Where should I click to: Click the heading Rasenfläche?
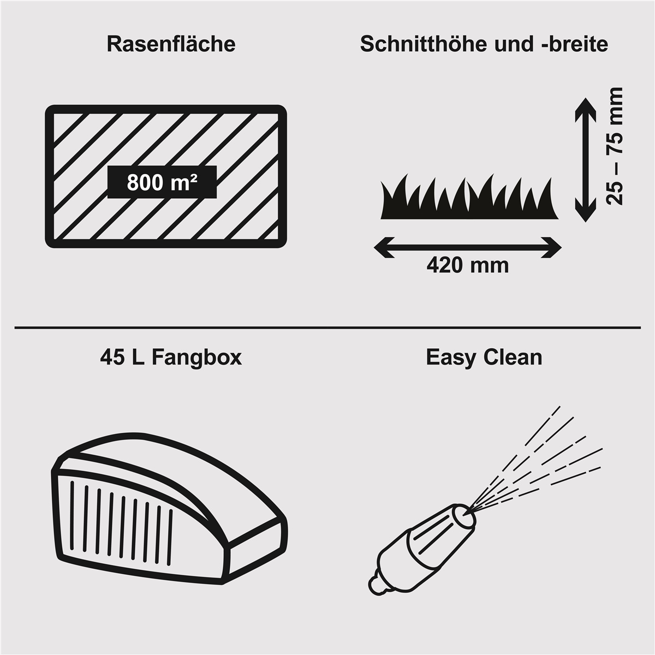(171, 44)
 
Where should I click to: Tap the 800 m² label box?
(162, 182)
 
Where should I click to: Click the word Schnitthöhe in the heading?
(423, 44)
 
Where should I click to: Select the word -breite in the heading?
(574, 44)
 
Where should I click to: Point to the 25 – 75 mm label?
(615, 146)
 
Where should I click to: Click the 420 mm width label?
(468, 265)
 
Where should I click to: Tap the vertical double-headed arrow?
(585, 160)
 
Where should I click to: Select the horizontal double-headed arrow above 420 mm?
(468, 247)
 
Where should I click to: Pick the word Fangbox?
(196, 358)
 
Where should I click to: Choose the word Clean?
(513, 358)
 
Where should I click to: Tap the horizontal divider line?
(327, 328)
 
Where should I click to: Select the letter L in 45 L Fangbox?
(138, 358)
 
